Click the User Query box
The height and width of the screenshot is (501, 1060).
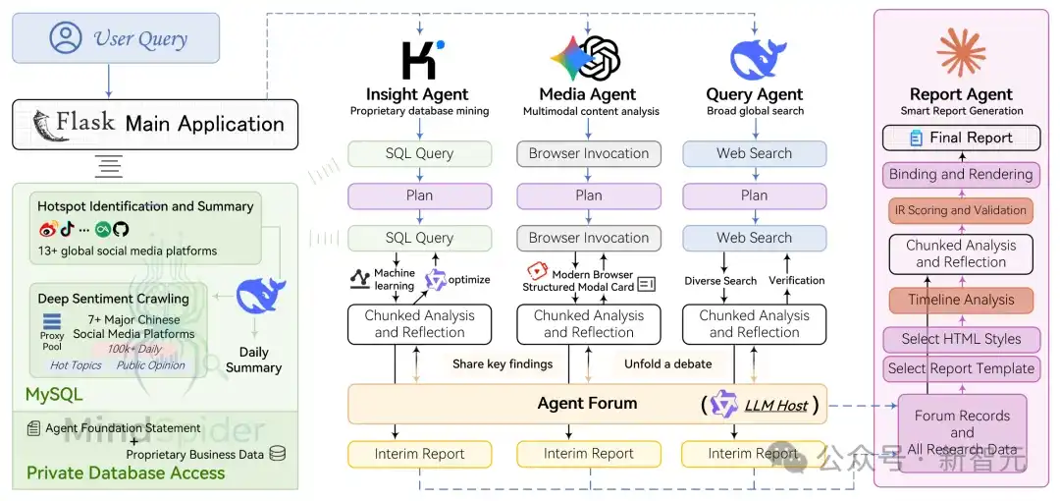(116, 38)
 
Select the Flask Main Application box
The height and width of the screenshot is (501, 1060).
(155, 124)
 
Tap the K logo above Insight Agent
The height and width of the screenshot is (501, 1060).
(421, 60)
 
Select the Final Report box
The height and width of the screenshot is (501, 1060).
(961, 138)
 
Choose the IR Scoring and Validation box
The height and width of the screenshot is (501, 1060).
(961, 210)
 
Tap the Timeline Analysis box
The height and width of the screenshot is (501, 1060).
(961, 301)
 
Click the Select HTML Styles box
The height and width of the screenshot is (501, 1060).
(961, 339)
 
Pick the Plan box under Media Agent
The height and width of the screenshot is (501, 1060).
(589, 195)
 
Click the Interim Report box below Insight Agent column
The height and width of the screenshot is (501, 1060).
(420, 454)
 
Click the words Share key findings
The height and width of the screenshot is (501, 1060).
(503, 364)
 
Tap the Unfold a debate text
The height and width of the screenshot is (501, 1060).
(668, 364)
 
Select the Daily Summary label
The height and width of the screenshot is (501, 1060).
(253, 360)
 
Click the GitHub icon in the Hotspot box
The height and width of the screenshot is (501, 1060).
(121, 230)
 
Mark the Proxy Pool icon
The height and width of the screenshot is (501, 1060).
(52, 323)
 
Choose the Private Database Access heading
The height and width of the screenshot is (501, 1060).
(126, 473)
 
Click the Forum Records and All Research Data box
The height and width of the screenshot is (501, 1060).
(962, 432)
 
